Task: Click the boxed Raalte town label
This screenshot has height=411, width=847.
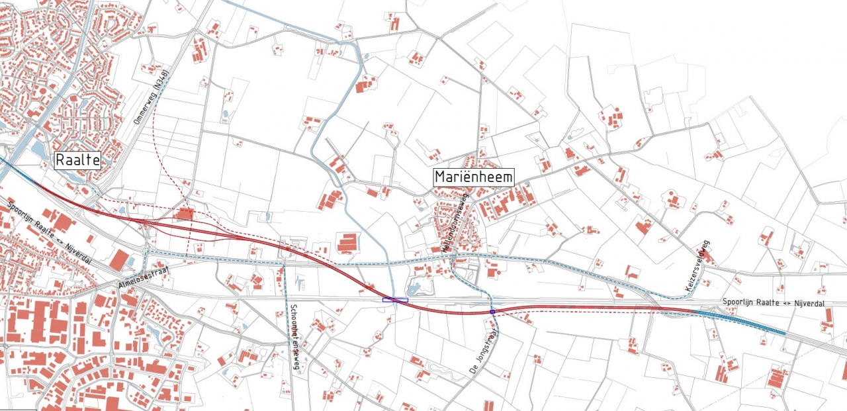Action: pyautogui.click(x=77, y=160)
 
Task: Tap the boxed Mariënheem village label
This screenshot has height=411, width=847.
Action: pyautogui.click(x=473, y=177)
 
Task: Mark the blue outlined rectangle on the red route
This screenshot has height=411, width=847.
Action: pyautogui.click(x=395, y=300)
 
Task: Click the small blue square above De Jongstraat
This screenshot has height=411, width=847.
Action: pyautogui.click(x=492, y=311)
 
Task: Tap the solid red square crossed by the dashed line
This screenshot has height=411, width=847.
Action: pyautogui.click(x=185, y=214)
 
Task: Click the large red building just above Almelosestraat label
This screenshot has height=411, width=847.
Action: pyautogui.click(x=120, y=259)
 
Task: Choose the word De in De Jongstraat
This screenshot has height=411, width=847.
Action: pyautogui.click(x=471, y=372)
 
